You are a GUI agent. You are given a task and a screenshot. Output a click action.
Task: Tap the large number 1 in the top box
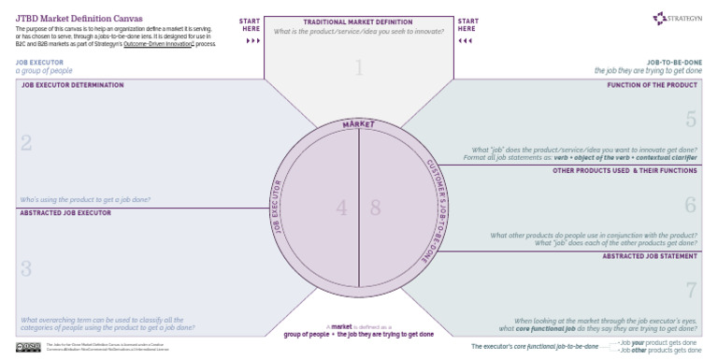358,66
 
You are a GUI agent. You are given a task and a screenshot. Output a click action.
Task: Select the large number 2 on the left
26,143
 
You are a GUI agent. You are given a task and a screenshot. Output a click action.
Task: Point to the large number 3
26,268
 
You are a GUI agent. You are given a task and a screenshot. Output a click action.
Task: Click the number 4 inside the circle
342,209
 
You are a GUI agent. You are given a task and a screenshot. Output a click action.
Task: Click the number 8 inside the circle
375,209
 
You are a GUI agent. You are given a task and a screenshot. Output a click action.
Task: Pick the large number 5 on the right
691,120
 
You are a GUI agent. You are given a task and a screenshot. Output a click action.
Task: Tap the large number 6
691,205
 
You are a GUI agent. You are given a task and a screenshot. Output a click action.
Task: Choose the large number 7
691,289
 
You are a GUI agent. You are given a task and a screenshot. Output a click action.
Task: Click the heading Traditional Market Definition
358,22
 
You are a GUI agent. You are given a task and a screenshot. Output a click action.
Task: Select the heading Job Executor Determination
72,85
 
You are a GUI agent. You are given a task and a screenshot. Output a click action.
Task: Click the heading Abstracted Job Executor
65,213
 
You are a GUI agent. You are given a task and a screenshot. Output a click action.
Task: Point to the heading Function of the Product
653,85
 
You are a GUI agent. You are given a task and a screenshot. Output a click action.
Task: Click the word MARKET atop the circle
358,123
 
